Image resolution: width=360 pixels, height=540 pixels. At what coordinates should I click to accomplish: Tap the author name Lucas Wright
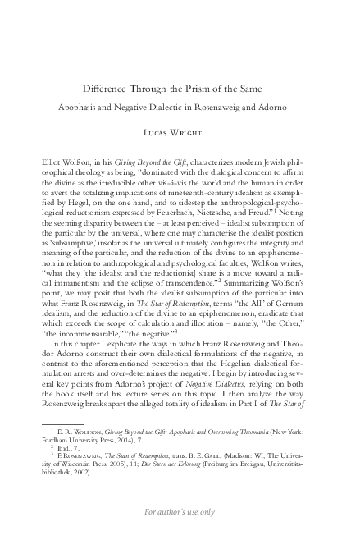click(x=179, y=130)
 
